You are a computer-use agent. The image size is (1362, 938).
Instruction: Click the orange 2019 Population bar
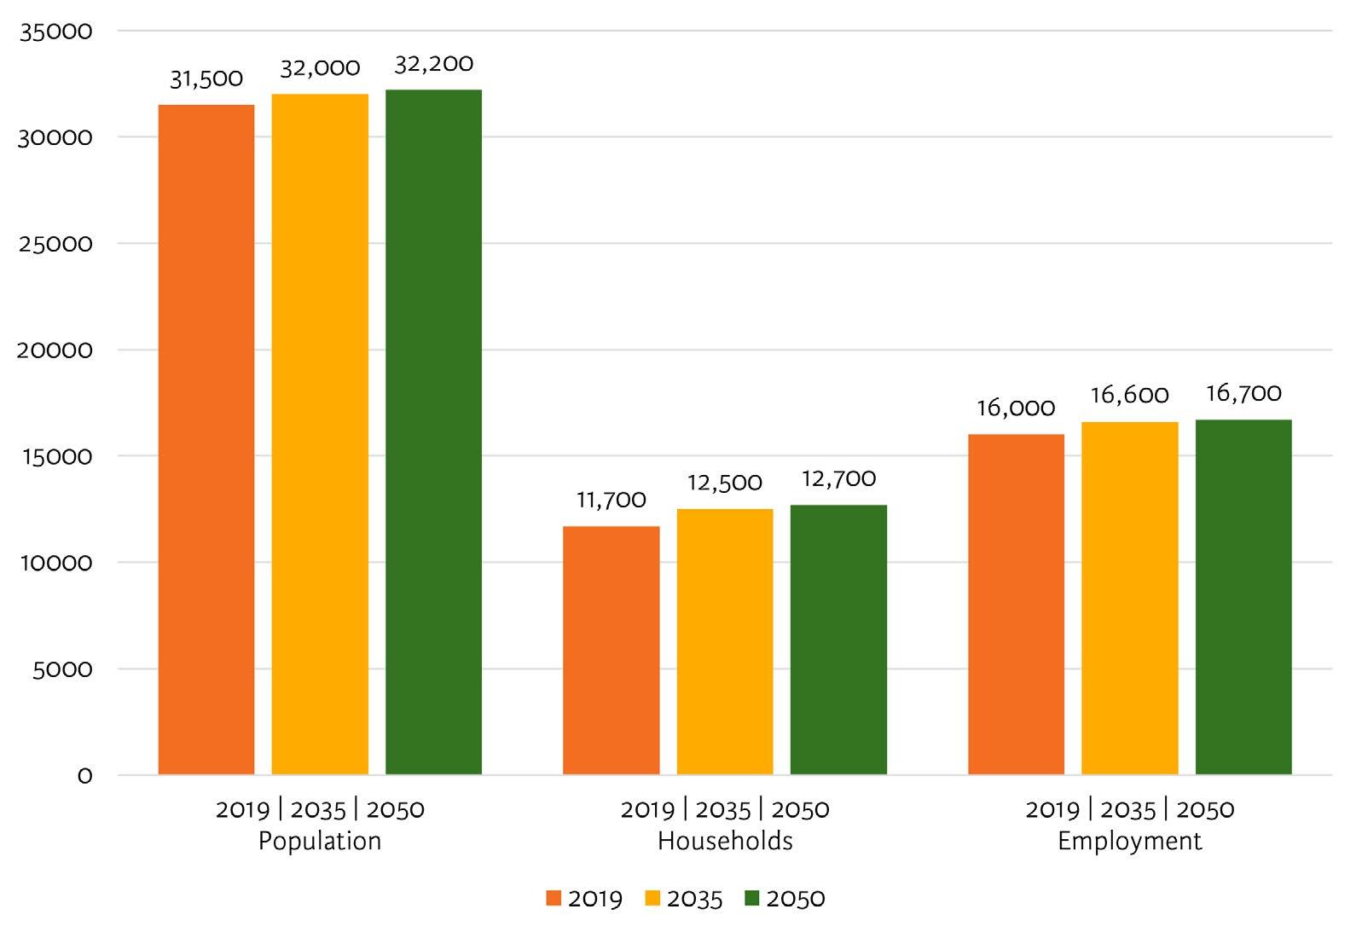tap(206, 439)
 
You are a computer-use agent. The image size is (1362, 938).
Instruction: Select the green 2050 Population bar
tap(433, 432)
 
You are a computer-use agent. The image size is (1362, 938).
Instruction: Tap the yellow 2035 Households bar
tap(725, 641)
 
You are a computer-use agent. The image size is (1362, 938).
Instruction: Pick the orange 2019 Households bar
tap(611, 651)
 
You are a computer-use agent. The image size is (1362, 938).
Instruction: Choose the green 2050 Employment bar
tap(1243, 597)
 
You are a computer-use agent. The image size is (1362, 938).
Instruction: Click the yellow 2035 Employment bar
tap(1130, 598)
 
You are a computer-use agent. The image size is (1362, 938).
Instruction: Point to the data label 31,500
tap(206, 79)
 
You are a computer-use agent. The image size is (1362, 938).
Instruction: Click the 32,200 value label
tap(433, 64)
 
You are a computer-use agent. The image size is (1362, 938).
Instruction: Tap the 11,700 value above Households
tap(611, 501)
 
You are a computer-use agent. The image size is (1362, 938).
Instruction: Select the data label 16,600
tap(1130, 396)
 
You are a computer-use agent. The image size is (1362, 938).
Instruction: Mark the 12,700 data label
tap(839, 479)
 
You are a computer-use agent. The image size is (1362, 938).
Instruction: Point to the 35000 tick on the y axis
tap(56, 31)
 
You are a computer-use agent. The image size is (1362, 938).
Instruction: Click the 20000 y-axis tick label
tap(55, 350)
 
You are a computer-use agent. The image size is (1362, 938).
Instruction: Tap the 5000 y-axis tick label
tap(62, 669)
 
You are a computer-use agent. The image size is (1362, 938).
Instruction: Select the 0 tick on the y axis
tap(85, 776)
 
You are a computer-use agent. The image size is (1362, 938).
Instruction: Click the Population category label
tap(320, 842)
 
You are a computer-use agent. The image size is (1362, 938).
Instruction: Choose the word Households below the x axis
tap(725, 841)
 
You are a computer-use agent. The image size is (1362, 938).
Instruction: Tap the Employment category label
tap(1130, 842)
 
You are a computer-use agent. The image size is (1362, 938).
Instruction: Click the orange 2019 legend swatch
tap(553, 899)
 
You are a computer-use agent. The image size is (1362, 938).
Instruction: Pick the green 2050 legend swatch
tap(752, 899)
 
